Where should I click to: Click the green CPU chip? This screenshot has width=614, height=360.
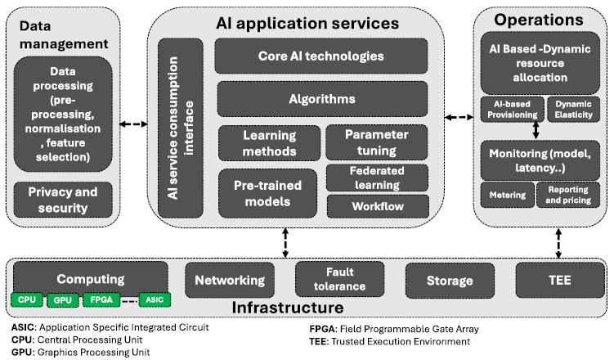28,300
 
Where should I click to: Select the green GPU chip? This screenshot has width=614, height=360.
62,300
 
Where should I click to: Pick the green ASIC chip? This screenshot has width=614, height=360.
153,300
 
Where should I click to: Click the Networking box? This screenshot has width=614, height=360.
229,281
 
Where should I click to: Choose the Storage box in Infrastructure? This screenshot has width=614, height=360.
449,281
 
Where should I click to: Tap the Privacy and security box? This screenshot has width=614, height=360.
63,200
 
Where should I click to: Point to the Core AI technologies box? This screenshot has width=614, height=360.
322,56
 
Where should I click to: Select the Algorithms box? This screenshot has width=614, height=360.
322,99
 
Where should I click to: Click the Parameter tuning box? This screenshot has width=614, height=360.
377,142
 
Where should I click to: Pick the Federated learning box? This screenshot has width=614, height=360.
377,177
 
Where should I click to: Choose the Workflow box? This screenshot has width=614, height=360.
377,206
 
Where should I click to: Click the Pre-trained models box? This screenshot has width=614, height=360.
268,192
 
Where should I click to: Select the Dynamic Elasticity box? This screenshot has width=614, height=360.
573,110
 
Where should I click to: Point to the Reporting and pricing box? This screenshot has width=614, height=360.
567,194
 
